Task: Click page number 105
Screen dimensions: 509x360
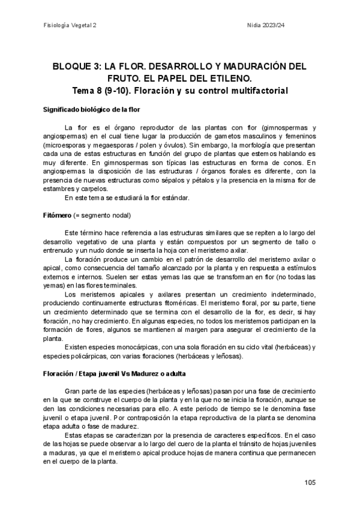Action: [x=310, y=482]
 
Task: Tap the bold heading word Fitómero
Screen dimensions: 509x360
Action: [x=58, y=215]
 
